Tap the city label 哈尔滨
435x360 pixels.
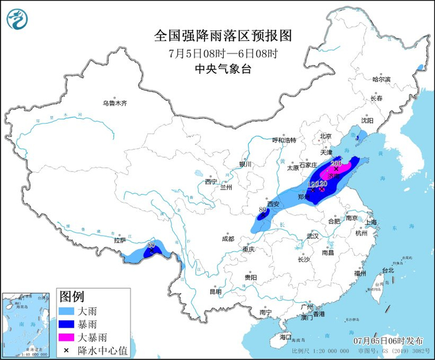381,80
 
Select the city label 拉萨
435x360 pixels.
120,239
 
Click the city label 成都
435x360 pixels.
227,238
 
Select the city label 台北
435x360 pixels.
388,270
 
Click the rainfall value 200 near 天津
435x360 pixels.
336,164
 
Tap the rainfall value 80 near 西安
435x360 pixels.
263,210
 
